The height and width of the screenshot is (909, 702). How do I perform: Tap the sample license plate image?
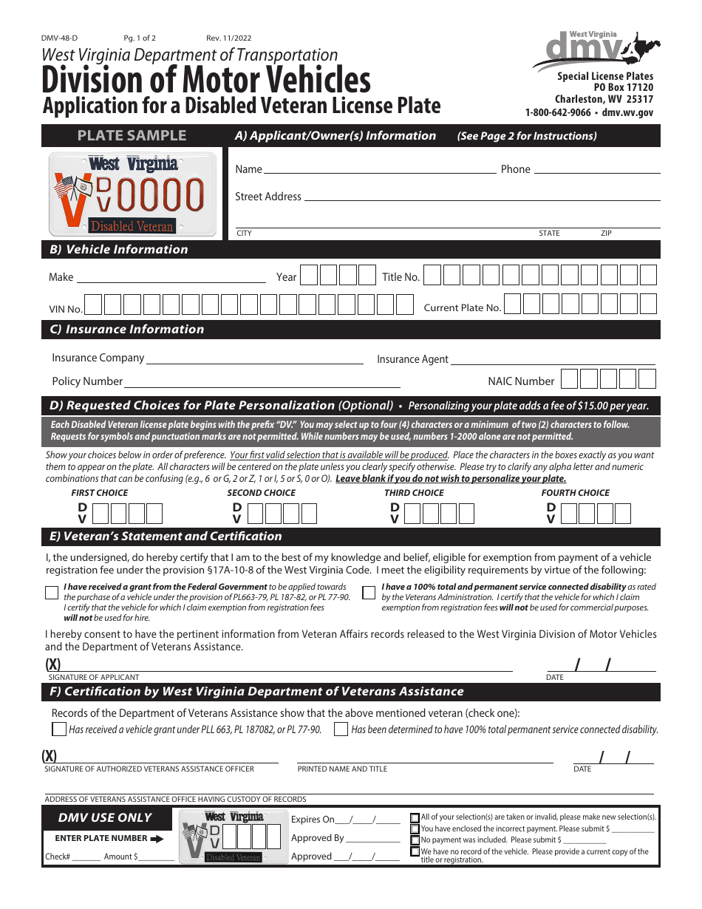[133, 194]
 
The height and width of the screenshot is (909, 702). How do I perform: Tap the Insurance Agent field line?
[553, 361]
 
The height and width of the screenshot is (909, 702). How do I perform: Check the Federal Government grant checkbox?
[52, 592]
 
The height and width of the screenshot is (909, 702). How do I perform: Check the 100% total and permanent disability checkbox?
[369, 592]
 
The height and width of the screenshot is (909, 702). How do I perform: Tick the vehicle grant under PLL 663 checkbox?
[59, 729]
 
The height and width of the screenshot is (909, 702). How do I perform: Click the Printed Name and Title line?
[425, 760]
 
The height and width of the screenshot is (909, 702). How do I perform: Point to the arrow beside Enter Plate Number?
[157, 839]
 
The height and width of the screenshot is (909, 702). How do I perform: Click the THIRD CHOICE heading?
[414, 493]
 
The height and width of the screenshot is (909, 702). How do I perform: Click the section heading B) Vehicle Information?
[119, 250]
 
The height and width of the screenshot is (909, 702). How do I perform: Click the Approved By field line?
[372, 841]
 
